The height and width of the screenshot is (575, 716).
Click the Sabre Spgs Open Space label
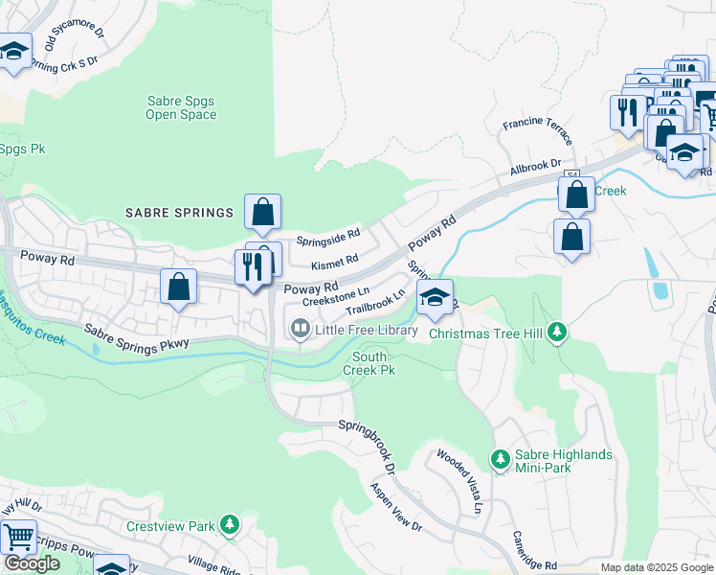(x=181, y=107)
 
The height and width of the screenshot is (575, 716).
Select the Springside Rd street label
(x=327, y=234)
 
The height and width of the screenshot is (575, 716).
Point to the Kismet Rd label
(x=335, y=259)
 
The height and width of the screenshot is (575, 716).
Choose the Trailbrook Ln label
(x=376, y=303)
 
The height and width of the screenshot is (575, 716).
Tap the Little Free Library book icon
(x=300, y=330)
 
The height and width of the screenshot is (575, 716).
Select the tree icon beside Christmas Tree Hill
(x=559, y=333)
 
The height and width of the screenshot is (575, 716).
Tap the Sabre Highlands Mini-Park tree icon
(x=500, y=461)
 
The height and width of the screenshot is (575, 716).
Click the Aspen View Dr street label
(x=396, y=505)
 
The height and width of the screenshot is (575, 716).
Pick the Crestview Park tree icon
(x=229, y=525)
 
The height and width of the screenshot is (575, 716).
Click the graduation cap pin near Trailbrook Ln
(x=435, y=298)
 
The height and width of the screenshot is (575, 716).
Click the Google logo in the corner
(x=32, y=563)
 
